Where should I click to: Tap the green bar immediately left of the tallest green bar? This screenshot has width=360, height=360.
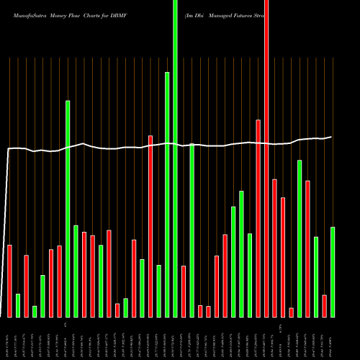[x=167, y=194]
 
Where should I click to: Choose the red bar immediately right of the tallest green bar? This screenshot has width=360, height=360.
[x=184, y=291]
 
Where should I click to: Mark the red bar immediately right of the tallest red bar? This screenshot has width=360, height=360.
[x=274, y=248]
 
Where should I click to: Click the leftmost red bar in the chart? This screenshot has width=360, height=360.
[x=9, y=281]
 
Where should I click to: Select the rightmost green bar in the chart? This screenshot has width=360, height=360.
[x=333, y=271]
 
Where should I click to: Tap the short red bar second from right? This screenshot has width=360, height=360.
[x=324, y=305]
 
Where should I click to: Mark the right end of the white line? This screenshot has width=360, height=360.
[x=331, y=137]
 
